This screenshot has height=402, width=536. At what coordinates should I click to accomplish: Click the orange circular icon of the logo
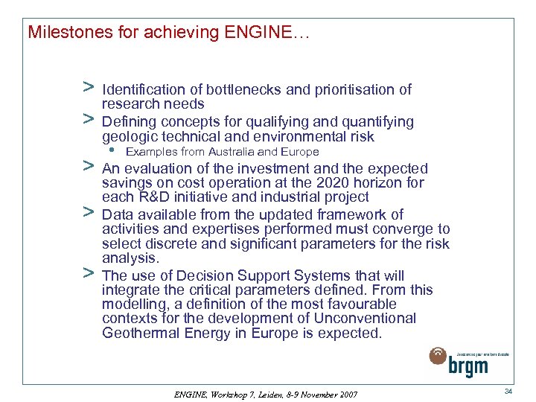point(438,357)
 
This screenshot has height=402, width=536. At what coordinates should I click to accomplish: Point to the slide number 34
point(508,391)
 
